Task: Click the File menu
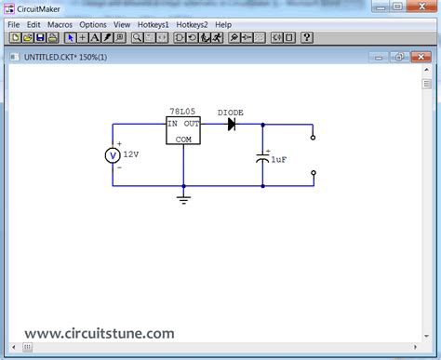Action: pos(13,24)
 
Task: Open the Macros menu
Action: pos(60,24)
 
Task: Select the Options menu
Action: pos(93,24)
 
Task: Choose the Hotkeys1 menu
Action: pos(154,24)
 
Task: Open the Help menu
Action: pos(223,24)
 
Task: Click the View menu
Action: pos(122,24)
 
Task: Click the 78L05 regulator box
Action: pos(183,130)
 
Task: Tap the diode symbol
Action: pos(231,124)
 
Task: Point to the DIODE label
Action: pos(231,112)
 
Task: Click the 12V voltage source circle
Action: pos(113,155)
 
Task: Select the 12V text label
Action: pos(130,154)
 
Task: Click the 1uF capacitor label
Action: pos(279,161)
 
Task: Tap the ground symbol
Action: pos(183,198)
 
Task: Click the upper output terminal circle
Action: pos(313,138)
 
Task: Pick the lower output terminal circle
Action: pos(313,173)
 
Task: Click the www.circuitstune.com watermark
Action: pos(100,332)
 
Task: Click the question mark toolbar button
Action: pos(307,38)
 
